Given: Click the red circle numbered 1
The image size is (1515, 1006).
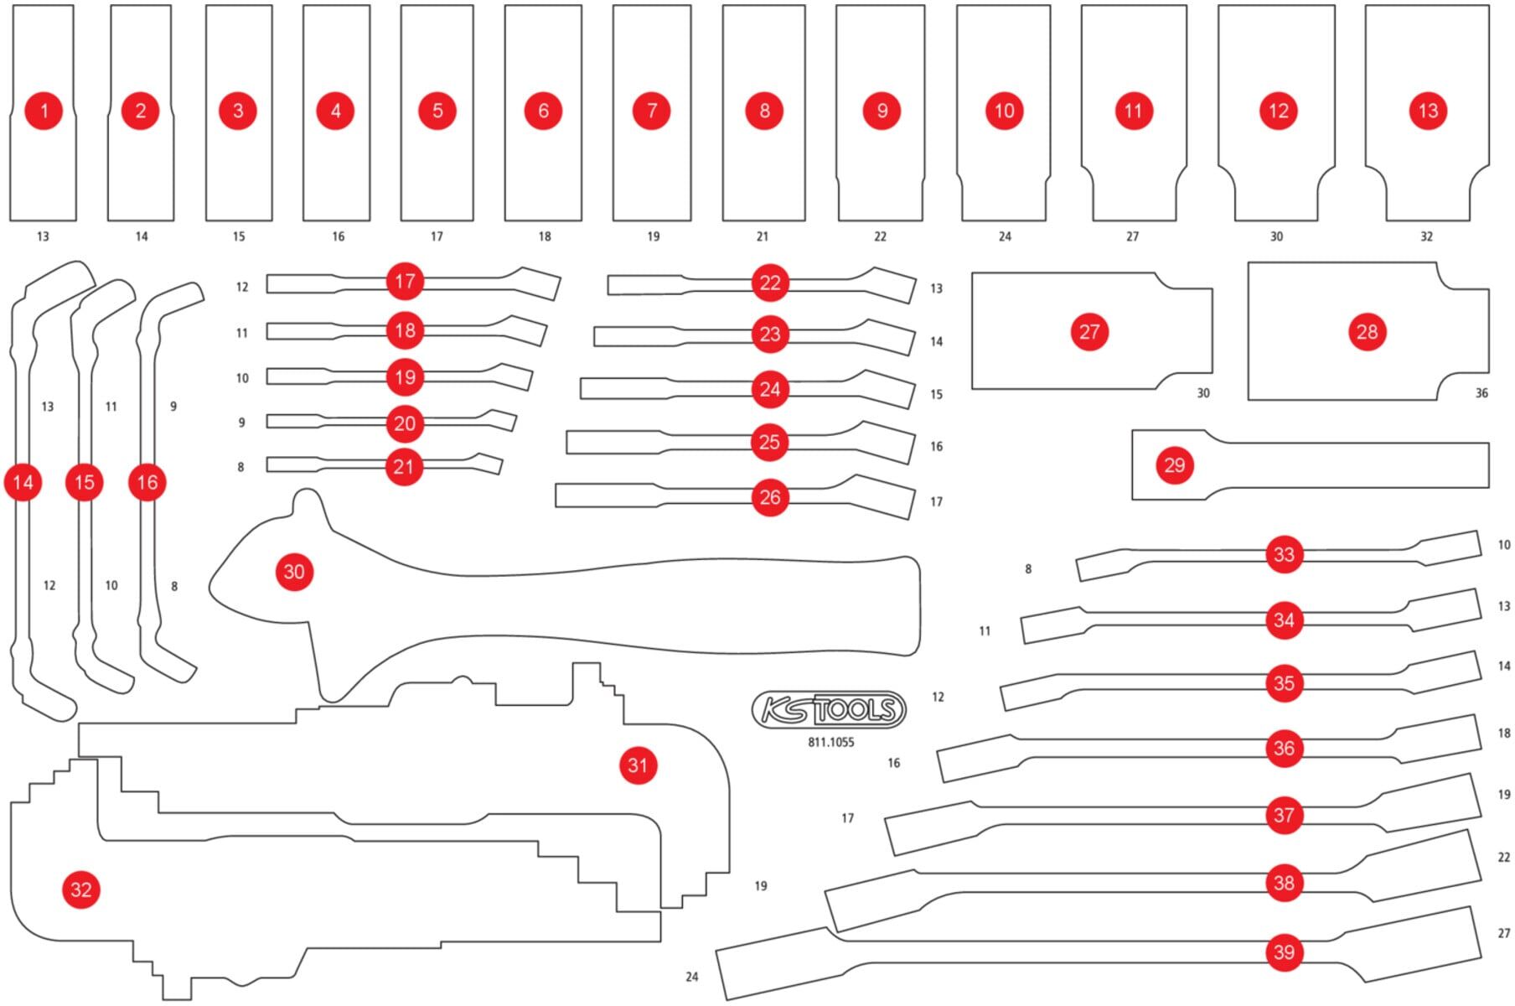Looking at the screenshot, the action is coord(44,111).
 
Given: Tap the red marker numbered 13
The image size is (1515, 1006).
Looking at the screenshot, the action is coord(1428,111).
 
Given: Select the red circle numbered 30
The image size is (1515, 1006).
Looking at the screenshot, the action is coord(294,572).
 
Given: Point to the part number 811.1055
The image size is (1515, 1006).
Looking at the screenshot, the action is coord(831,743).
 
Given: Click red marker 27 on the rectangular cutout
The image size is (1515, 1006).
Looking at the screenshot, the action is coord(1089,332).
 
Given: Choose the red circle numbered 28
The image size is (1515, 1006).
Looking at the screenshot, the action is coord(1368,332).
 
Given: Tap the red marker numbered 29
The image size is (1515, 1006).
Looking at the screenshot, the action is coord(1175,465).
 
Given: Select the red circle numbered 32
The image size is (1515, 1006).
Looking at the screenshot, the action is coord(81,889).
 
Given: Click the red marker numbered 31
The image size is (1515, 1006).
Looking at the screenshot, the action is coord(638,765).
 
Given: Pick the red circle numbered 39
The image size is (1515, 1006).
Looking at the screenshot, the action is coord(1284,952).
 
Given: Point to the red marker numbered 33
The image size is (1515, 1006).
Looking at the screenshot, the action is coord(1284,554).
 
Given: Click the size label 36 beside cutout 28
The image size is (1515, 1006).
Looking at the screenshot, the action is coord(1481,393).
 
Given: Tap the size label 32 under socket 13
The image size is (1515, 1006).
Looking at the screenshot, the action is coord(1427,237).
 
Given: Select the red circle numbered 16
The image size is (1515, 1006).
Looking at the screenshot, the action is coord(147,482).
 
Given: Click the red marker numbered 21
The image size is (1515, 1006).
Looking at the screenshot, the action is coord(404,467).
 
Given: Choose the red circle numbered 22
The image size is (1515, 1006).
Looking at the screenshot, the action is coord(770,283).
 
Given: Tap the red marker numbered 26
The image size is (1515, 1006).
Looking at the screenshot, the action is coord(770,497).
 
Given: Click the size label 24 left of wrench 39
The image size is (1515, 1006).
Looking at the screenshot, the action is coord(692,977).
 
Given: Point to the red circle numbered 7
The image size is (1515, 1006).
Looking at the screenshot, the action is coord(652,111).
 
